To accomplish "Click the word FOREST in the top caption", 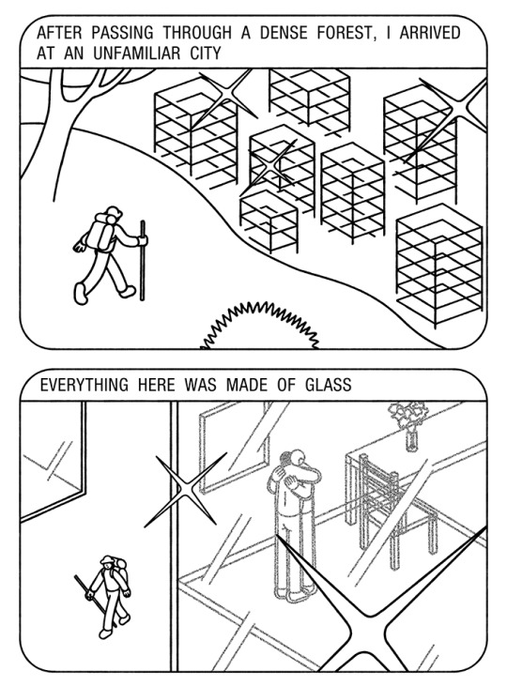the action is point(344,32).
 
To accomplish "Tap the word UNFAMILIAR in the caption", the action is point(136,53).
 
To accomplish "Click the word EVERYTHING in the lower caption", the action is point(84,385).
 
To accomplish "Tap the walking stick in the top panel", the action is point(143,261).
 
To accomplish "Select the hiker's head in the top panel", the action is point(114,214).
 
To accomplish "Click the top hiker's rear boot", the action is point(81,293).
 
